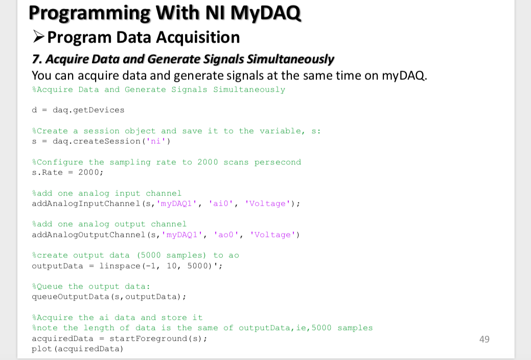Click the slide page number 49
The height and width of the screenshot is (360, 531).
click(x=484, y=339)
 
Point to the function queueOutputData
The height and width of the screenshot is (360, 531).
click(x=71, y=297)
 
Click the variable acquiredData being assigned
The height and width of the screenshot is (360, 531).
click(x=62, y=339)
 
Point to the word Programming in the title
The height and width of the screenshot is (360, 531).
click(x=89, y=13)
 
